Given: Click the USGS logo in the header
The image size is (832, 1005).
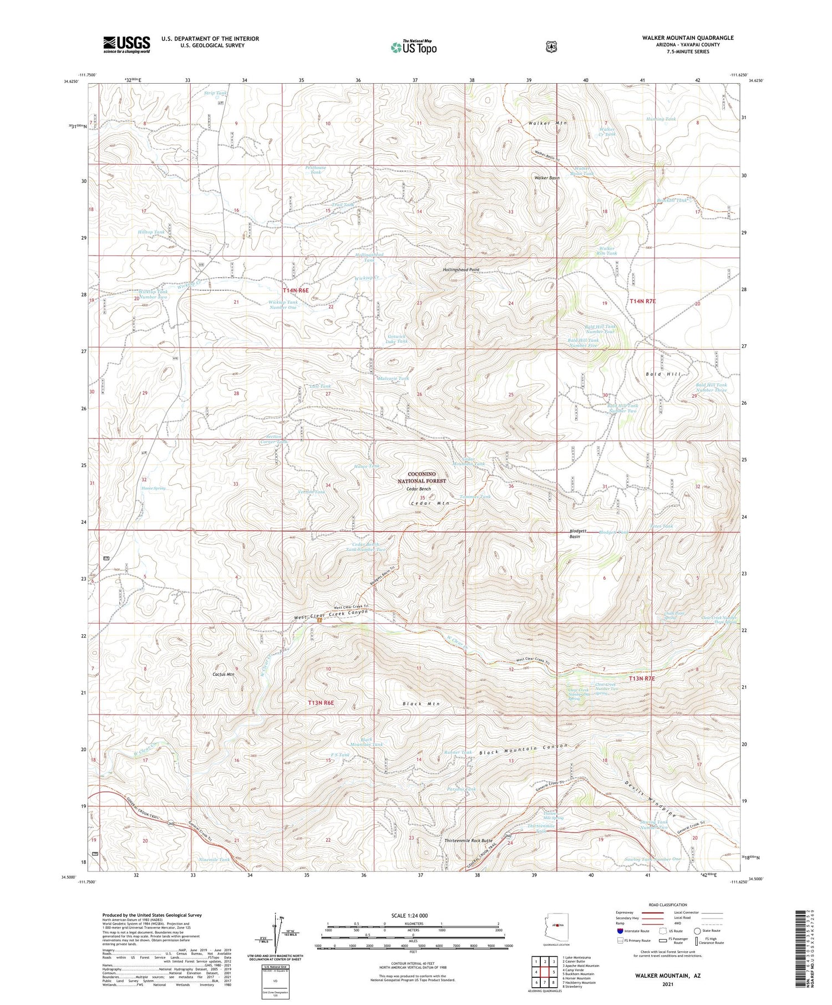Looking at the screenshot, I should (x=126, y=44).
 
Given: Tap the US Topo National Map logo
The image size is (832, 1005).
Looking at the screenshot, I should (x=414, y=47).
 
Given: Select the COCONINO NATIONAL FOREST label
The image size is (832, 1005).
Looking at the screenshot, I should (x=427, y=477).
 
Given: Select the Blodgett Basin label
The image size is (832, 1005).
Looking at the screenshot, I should (x=578, y=533).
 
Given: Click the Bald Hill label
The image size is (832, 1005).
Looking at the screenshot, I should (x=663, y=374).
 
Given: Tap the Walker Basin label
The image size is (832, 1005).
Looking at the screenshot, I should (x=547, y=178).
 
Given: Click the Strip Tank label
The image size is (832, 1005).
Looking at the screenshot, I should (x=216, y=93).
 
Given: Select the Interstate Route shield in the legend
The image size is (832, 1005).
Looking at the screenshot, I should (x=620, y=931).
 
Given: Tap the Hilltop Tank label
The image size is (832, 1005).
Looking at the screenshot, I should (x=151, y=232).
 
